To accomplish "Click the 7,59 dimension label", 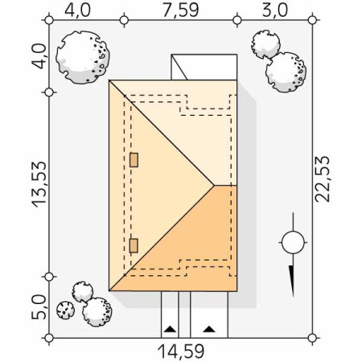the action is point(181,10).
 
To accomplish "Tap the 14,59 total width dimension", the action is point(181,352).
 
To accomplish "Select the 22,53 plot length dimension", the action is point(322,179).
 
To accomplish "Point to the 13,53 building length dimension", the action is point(39,184).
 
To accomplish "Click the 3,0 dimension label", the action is point(274,10).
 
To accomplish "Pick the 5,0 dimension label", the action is point(39,307).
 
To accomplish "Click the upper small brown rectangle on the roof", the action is point(134,160).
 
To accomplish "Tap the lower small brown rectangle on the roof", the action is point(134,245).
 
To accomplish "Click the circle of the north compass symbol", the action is point(293,242).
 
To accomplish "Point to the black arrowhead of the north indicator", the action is point(292,281).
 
